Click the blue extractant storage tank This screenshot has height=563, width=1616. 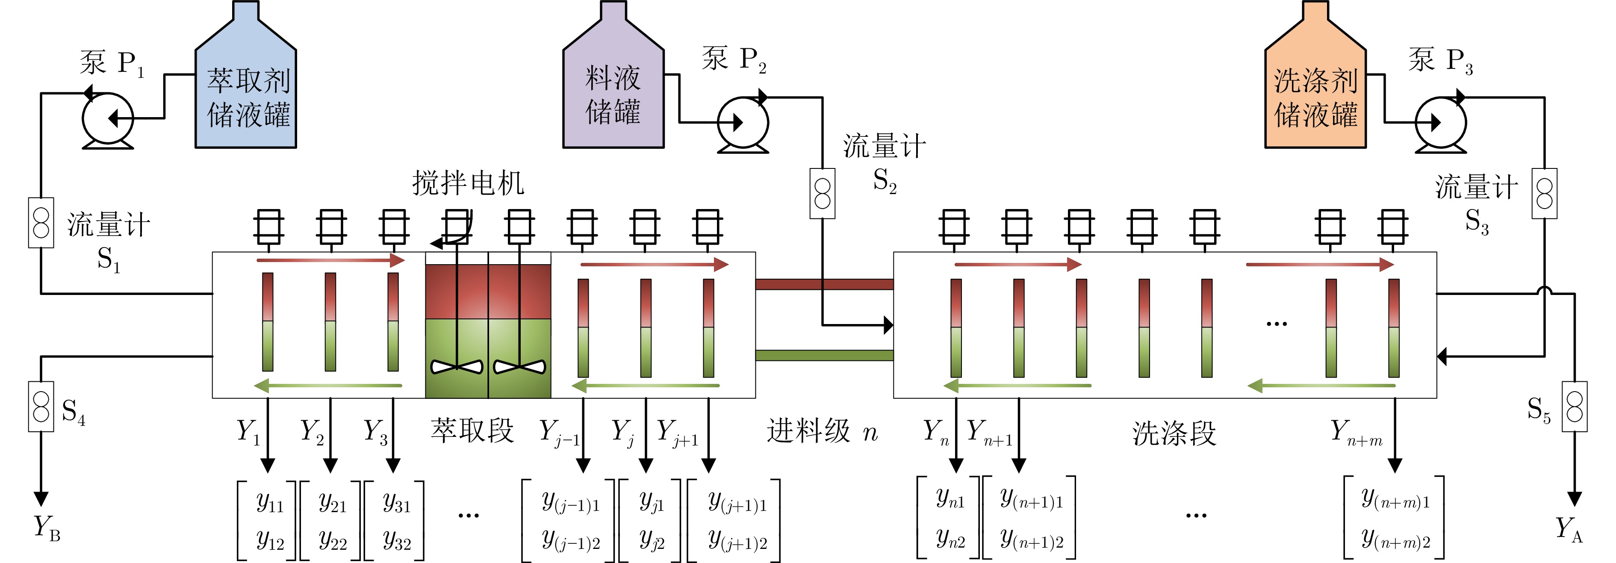(x=245, y=94)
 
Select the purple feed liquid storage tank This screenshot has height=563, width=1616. (x=613, y=94)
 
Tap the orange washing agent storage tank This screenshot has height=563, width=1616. (x=1315, y=94)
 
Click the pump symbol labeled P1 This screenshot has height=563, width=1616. (x=108, y=119)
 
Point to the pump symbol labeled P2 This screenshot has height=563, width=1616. (x=743, y=122)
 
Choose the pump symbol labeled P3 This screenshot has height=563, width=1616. (x=1440, y=122)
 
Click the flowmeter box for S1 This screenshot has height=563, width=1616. (x=41, y=223)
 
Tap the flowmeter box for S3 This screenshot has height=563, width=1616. (x=1545, y=193)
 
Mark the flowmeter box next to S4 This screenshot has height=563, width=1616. (x=41, y=406)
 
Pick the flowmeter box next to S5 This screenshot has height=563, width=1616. (x=1575, y=406)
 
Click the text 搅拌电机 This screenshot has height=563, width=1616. (x=468, y=183)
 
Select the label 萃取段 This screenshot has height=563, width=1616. (x=472, y=431)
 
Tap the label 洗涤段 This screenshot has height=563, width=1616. (x=1174, y=433)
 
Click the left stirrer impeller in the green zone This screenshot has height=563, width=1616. (x=457, y=367)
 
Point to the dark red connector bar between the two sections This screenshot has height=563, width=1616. (x=824, y=284)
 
